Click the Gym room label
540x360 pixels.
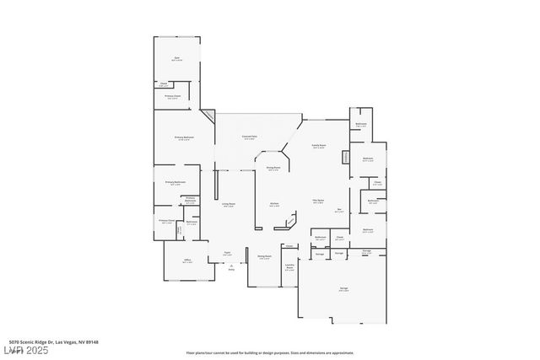[176, 59]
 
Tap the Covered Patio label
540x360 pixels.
[250, 138]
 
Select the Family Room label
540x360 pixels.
[319, 147]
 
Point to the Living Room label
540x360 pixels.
[228, 205]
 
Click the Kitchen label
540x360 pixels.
[274, 205]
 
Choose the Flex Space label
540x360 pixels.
[319, 201]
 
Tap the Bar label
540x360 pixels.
[339, 211]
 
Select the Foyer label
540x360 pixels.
[227, 253]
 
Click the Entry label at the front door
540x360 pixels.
[231, 268]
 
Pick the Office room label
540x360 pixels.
[187, 261]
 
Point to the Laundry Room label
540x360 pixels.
[289, 267]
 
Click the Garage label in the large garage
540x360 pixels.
[343, 289]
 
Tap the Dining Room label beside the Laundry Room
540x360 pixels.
[264, 257]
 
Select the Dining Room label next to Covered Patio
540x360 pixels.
[273, 169]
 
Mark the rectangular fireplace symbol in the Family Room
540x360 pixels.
[345, 158]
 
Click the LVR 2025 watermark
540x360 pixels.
[26, 349]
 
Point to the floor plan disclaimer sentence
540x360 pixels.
[269, 352]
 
